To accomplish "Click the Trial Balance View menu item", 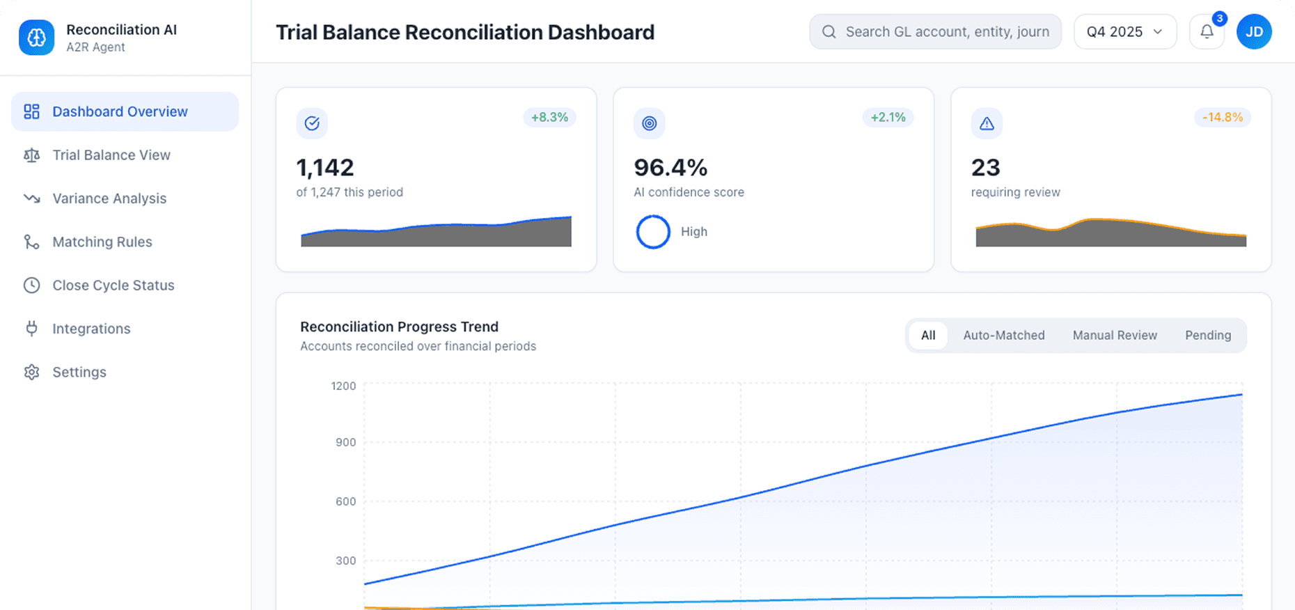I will tap(111, 155).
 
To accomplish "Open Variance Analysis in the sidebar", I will tap(109, 198).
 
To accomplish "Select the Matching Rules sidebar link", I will tap(102, 242).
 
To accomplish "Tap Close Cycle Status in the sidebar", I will tap(113, 286).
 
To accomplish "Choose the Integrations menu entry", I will tap(91, 329).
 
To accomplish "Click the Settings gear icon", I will tap(31, 372).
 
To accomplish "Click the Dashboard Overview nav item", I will tap(120, 111).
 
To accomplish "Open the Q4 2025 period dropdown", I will tap(1124, 32).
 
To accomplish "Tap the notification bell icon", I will tap(1207, 32).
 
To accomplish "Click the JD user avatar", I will tap(1254, 32).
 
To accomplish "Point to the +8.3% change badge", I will tap(549, 118).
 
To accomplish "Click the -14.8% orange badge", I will tap(1223, 118).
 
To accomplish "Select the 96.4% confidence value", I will tap(670, 168).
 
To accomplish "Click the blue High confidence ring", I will tap(653, 232).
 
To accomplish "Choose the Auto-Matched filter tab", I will tap(1003, 336).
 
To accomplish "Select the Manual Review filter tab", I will tap(1115, 336).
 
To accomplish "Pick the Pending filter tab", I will tap(1208, 336).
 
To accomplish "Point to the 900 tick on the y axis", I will tap(345, 442).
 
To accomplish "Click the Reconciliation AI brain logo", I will tap(36, 38).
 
